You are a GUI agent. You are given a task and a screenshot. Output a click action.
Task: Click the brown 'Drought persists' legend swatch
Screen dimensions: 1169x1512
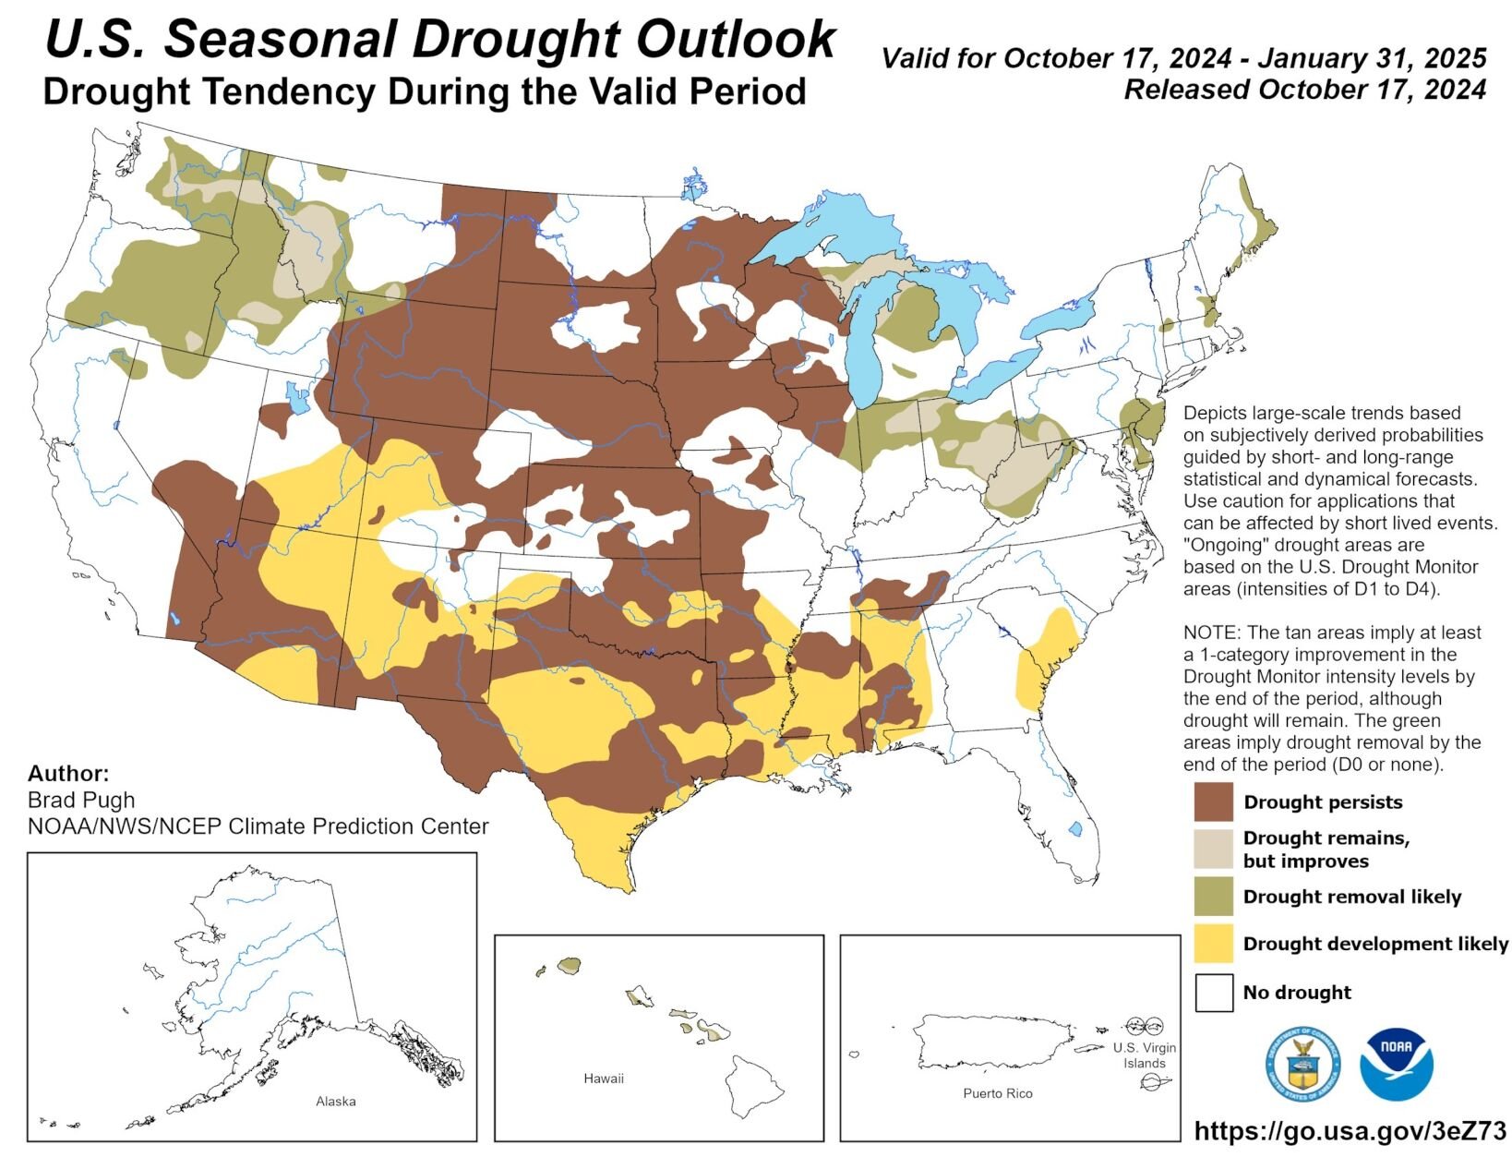[1213, 801]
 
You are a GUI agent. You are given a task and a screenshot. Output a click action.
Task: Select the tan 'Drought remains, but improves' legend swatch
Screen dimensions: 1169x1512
[1213, 849]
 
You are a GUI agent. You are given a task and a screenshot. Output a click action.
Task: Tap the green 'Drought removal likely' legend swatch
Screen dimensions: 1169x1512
[1213, 897]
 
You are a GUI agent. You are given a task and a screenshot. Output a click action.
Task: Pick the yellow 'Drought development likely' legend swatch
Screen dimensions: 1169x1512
[1213, 944]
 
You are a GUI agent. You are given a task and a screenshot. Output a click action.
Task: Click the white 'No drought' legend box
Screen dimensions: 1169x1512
[1213, 993]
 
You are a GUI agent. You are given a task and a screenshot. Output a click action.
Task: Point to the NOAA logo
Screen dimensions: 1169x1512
[1396, 1064]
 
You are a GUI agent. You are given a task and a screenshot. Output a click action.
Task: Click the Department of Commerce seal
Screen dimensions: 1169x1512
[1302, 1064]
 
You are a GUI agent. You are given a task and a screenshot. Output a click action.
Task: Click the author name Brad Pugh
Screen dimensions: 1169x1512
[81, 800]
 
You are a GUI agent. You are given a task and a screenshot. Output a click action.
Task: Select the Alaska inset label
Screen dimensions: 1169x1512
[335, 1101]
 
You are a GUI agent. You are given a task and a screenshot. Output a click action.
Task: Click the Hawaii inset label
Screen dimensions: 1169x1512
[604, 1078]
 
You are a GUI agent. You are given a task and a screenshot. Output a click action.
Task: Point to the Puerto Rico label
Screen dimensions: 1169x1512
[997, 1093]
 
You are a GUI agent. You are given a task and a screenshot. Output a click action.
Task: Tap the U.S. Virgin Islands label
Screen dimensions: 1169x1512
[1145, 1055]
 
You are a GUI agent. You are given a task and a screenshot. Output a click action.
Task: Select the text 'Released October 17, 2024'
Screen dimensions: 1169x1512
[1304, 90]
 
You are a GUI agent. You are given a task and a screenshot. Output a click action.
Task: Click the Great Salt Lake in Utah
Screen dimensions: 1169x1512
[297, 400]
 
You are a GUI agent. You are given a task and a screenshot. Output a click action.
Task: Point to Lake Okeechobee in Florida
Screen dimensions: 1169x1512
[1075, 828]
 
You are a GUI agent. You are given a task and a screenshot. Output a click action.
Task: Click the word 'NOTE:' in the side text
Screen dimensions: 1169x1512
[1212, 633]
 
